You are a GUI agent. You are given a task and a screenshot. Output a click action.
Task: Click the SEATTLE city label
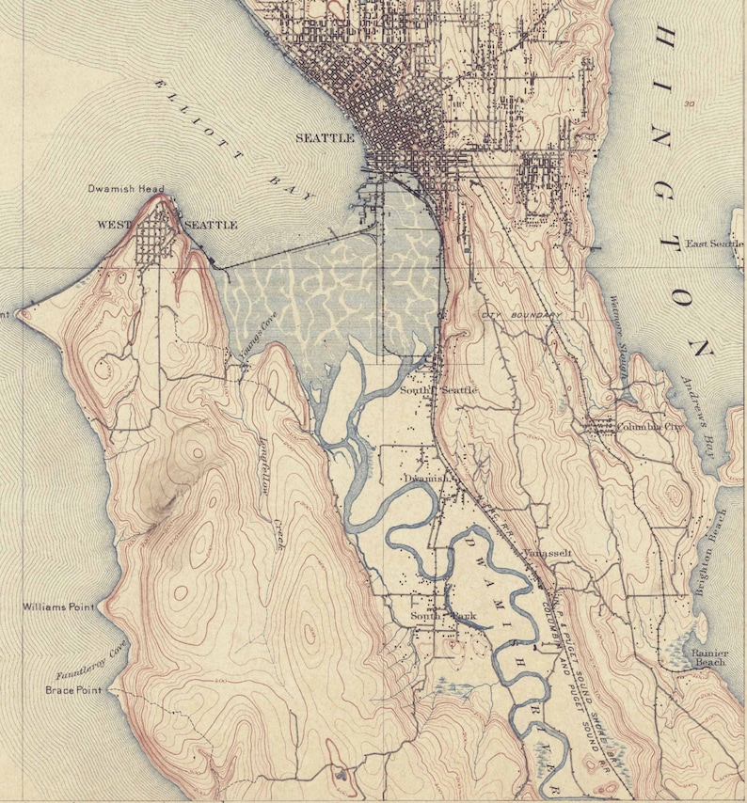click(325, 138)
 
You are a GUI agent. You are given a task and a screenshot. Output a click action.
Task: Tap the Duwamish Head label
click(126, 189)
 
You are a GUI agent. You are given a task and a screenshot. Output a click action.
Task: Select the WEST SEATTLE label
click(167, 226)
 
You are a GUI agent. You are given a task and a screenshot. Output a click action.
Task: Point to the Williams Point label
click(58, 608)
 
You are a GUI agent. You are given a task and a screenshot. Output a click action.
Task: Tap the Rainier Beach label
click(708, 657)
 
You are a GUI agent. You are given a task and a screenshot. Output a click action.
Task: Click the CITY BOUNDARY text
click(521, 314)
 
